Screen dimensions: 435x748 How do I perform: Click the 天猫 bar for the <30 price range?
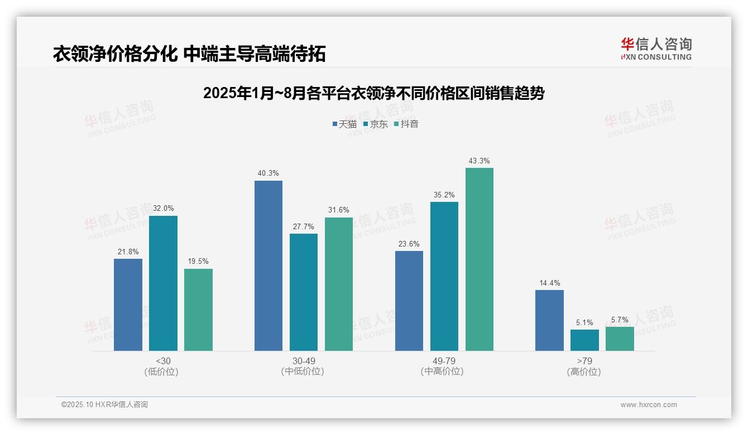(128, 304)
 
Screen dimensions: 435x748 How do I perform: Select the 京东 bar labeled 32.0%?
(163, 283)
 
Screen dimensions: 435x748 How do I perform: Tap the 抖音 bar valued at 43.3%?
(480, 259)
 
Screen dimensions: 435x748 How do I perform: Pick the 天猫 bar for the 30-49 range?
(268, 265)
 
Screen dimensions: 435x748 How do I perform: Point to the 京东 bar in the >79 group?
(584, 340)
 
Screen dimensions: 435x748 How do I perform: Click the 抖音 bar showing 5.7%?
(620, 339)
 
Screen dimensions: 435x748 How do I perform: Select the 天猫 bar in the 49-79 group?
(409, 301)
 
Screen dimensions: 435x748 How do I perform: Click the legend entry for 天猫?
(344, 124)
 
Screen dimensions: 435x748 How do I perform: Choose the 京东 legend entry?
(375, 124)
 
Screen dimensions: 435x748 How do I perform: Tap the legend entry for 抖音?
(406, 124)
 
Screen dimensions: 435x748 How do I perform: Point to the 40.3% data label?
(268, 173)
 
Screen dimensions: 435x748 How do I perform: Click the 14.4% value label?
(549, 283)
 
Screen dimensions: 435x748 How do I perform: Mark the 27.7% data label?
(304, 226)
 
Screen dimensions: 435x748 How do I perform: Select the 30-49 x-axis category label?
(304, 361)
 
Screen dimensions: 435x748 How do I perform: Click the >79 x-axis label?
(584, 361)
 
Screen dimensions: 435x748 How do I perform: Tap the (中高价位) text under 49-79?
(442, 371)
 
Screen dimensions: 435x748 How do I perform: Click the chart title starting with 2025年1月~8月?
(373, 93)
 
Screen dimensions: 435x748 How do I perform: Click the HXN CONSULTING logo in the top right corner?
(656, 49)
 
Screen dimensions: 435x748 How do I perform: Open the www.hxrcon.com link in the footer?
(648, 405)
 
